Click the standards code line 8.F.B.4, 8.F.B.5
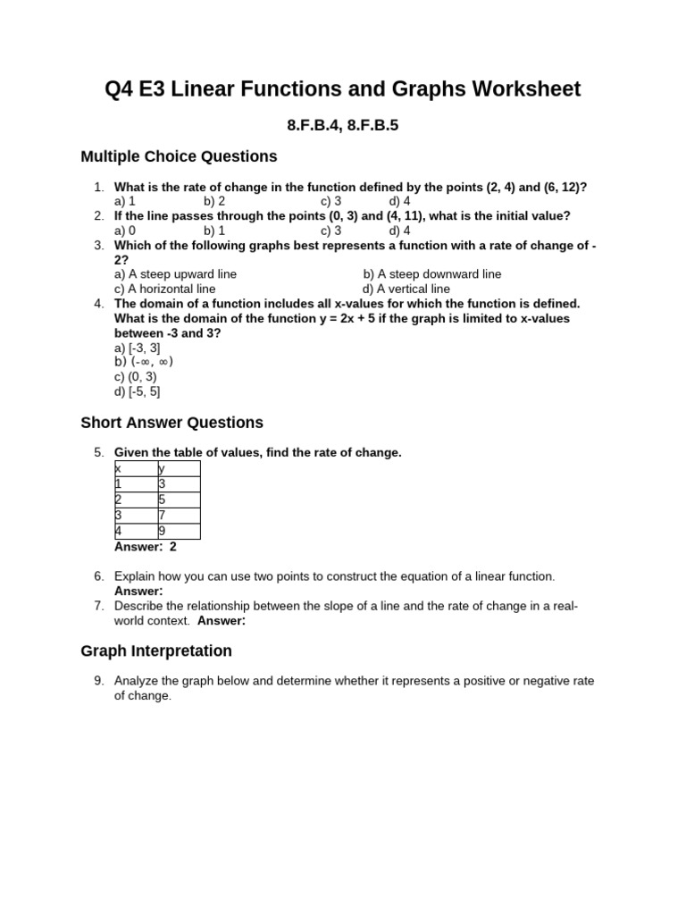pos(342,126)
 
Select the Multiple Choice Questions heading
pos(179,157)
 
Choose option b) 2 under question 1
pos(214,202)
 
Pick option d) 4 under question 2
pos(399,231)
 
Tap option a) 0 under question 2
pos(125,231)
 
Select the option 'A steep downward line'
pos(432,274)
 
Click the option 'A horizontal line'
pos(165,290)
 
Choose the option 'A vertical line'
pos(406,290)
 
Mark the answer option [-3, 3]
pos(138,348)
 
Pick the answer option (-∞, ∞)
pos(144,362)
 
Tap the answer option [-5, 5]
pos(138,391)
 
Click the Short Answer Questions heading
pos(171,423)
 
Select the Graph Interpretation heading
pos(156,651)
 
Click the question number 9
pos(99,681)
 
